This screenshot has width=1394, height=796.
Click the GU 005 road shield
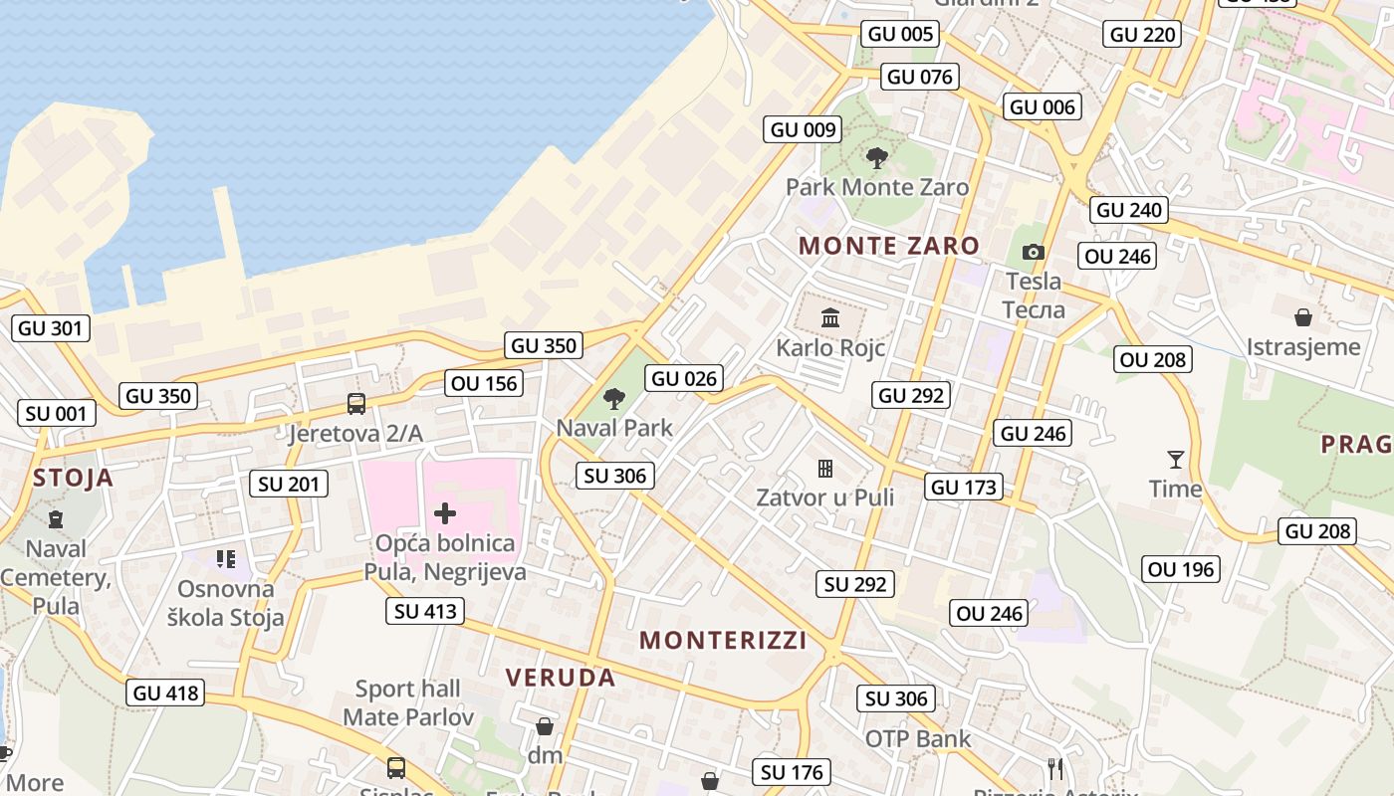click(x=901, y=34)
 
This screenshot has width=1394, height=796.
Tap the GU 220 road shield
click(x=1142, y=34)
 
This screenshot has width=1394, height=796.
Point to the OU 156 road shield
click(x=484, y=383)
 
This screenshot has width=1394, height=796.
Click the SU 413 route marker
click(x=426, y=611)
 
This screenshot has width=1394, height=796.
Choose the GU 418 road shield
click(x=166, y=693)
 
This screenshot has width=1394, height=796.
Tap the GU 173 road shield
click(x=964, y=488)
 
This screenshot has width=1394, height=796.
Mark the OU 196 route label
click(x=1181, y=569)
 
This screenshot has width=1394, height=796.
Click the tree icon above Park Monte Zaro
click(x=876, y=157)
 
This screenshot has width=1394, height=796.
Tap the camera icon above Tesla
click(x=1034, y=253)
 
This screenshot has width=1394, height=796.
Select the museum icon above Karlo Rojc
click(x=829, y=318)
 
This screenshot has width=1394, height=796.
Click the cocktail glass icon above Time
click(x=1176, y=460)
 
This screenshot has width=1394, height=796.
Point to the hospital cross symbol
click(x=445, y=513)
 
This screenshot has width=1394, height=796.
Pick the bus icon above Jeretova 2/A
click(x=355, y=404)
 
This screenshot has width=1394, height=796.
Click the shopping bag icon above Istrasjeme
click(x=1302, y=318)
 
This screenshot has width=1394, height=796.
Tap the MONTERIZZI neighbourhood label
click(x=723, y=640)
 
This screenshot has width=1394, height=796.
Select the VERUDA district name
click(x=561, y=678)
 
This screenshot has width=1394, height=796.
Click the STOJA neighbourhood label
click(x=73, y=478)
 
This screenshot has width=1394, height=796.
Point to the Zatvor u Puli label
click(x=824, y=497)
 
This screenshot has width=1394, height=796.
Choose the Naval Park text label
click(x=614, y=428)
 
